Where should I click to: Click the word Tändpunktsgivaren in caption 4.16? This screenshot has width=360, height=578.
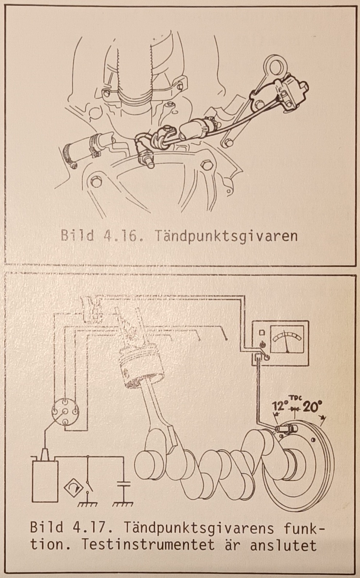226,236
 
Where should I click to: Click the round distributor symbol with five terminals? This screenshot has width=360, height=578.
65,414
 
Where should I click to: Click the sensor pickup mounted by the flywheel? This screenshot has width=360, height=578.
283,429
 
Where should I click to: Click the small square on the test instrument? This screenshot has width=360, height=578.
261,332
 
